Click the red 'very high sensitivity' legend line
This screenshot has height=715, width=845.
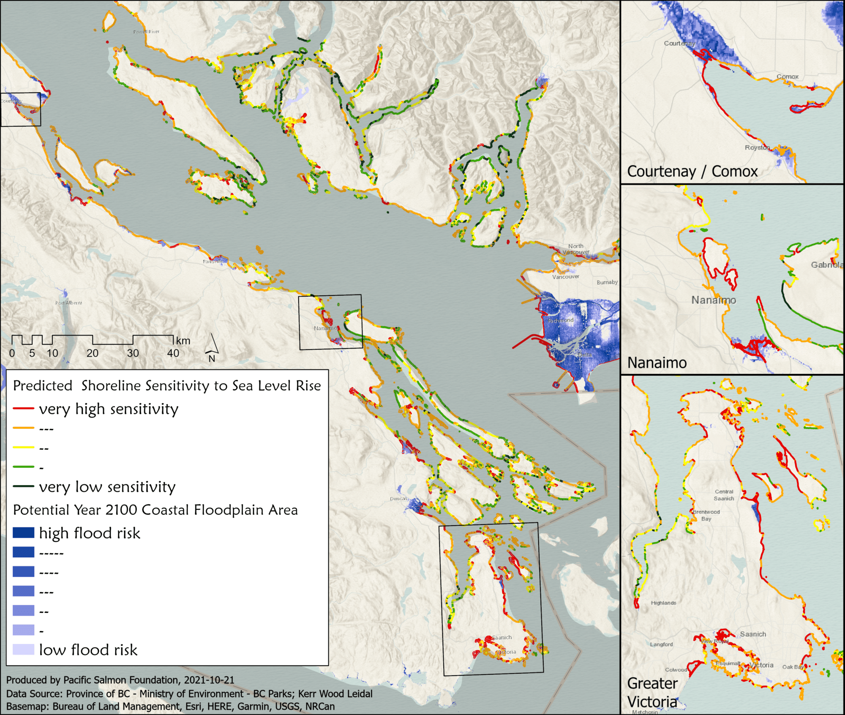pyautogui.click(x=23, y=409)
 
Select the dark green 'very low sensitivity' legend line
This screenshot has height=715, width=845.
pyautogui.click(x=23, y=486)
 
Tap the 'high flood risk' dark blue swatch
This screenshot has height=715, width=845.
pyautogui.click(x=23, y=532)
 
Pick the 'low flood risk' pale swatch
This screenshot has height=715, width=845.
pyautogui.click(x=23, y=650)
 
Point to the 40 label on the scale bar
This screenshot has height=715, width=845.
pyautogui.click(x=173, y=353)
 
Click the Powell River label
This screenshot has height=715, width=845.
pyautogui.click(x=146, y=32)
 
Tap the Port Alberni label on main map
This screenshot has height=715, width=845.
pyautogui.click(x=68, y=303)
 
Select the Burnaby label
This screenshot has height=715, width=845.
pyautogui.click(x=607, y=282)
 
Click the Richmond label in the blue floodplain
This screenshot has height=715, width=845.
pyautogui.click(x=561, y=320)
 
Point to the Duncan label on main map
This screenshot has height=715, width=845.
pyautogui.click(x=398, y=499)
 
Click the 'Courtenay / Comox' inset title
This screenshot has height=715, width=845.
pyautogui.click(x=692, y=172)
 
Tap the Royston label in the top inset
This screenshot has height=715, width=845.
pyautogui.click(x=757, y=147)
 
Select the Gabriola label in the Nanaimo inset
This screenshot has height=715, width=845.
pyautogui.click(x=826, y=265)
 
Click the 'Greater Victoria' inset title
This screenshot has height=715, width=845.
pyautogui.click(x=652, y=692)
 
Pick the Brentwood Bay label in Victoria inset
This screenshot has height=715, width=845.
pyautogui.click(x=706, y=515)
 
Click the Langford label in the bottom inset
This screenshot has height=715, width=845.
pyautogui.click(x=661, y=644)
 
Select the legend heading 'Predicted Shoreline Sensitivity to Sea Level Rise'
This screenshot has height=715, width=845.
pyautogui.click(x=167, y=386)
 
